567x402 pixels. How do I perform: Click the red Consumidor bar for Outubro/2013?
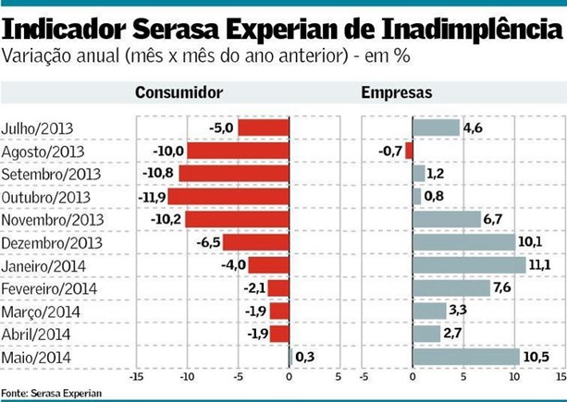click(228, 197)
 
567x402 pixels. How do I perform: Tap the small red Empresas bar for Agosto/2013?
click(409, 151)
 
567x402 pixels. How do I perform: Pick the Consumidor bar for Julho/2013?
click(264, 128)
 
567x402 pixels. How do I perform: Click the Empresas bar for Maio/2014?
click(466, 357)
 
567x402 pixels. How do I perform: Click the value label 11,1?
click(540, 265)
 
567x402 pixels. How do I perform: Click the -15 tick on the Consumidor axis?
click(137, 378)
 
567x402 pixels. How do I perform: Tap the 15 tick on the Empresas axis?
click(561, 378)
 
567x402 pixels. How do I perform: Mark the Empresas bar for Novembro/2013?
click(447, 219)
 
